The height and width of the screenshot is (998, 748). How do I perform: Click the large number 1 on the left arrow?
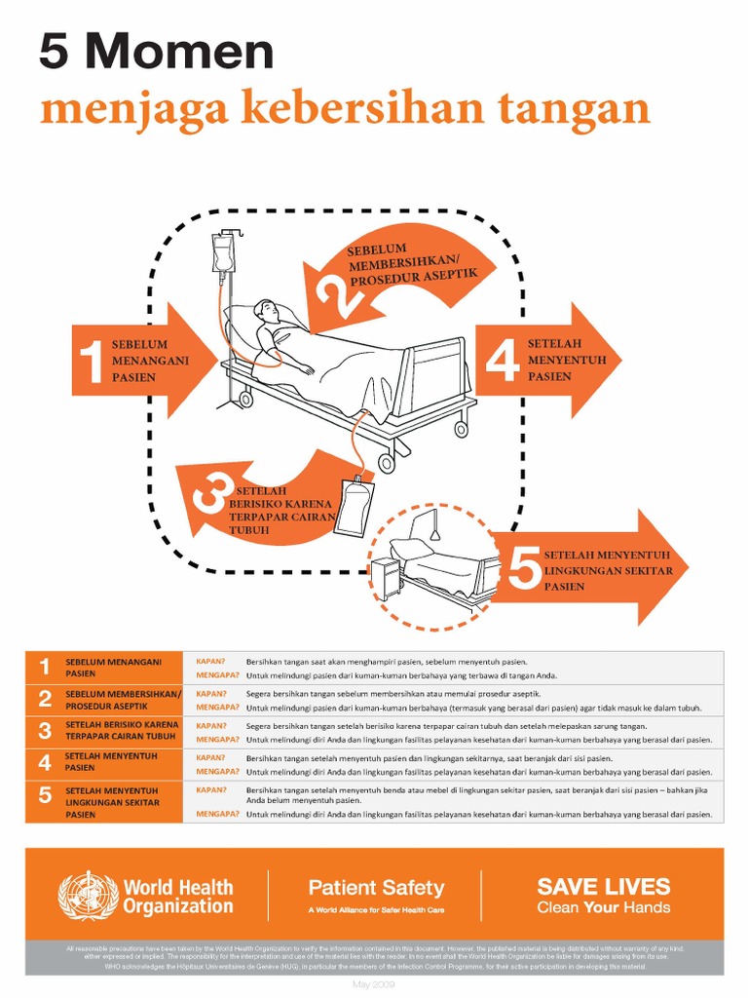92,361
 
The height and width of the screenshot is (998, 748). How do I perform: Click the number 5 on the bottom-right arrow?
525,569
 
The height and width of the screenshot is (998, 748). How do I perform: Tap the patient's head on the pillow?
265,311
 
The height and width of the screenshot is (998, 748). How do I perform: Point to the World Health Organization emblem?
88,896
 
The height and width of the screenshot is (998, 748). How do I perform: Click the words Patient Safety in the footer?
376,888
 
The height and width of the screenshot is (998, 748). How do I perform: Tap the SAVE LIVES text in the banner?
603,886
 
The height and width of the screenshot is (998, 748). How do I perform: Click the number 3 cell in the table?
45,731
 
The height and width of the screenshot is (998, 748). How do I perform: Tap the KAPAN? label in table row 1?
211,662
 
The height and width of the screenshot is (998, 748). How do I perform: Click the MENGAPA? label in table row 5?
218,814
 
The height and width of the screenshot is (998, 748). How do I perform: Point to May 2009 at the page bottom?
373,985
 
